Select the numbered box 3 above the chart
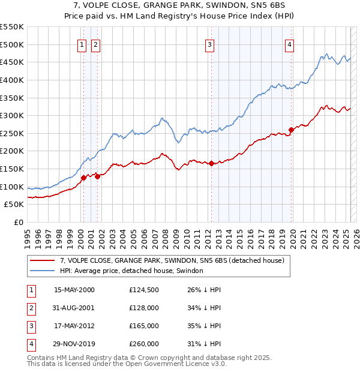coord(210,44)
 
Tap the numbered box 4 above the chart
coord(289,44)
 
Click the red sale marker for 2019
coord(291,130)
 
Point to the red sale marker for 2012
coord(211,163)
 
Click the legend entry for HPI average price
coord(131,271)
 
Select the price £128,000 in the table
coord(144,308)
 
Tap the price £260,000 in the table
coord(144,344)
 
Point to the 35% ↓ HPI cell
coord(204,326)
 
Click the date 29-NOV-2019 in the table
coord(74,344)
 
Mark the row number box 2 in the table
coord(30,308)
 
